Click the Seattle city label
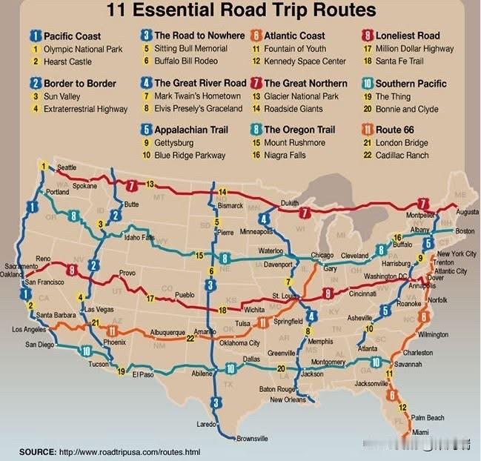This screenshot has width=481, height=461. tap(66, 168)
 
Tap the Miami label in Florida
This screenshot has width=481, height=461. tap(420, 432)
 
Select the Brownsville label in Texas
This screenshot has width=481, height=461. tap(252, 438)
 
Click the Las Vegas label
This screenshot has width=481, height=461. tap(99, 308)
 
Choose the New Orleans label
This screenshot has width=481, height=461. tap(288, 399)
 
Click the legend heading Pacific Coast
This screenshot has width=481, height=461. tap(72, 36)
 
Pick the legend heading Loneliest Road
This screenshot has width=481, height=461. tap(408, 36)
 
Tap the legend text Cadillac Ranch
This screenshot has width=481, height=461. tap(402, 155)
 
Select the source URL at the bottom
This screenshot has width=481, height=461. tap(129, 451)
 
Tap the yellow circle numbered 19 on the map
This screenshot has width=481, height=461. tap(121, 371)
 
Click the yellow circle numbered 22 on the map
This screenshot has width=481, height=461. tap(190, 338)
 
